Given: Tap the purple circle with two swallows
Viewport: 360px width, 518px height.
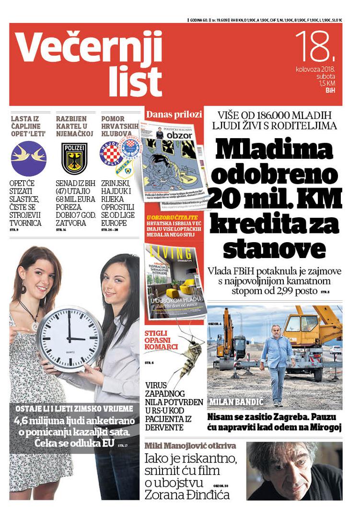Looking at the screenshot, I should tap(29, 158).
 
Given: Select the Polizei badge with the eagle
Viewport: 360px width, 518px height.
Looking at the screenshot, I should tap(74, 158).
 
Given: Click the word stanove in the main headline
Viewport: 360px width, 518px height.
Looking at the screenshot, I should tap(274, 249).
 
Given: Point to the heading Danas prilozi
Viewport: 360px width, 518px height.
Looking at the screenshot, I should tap(174, 114).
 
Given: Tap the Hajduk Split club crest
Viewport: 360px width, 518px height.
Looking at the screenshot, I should tap(111, 154).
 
